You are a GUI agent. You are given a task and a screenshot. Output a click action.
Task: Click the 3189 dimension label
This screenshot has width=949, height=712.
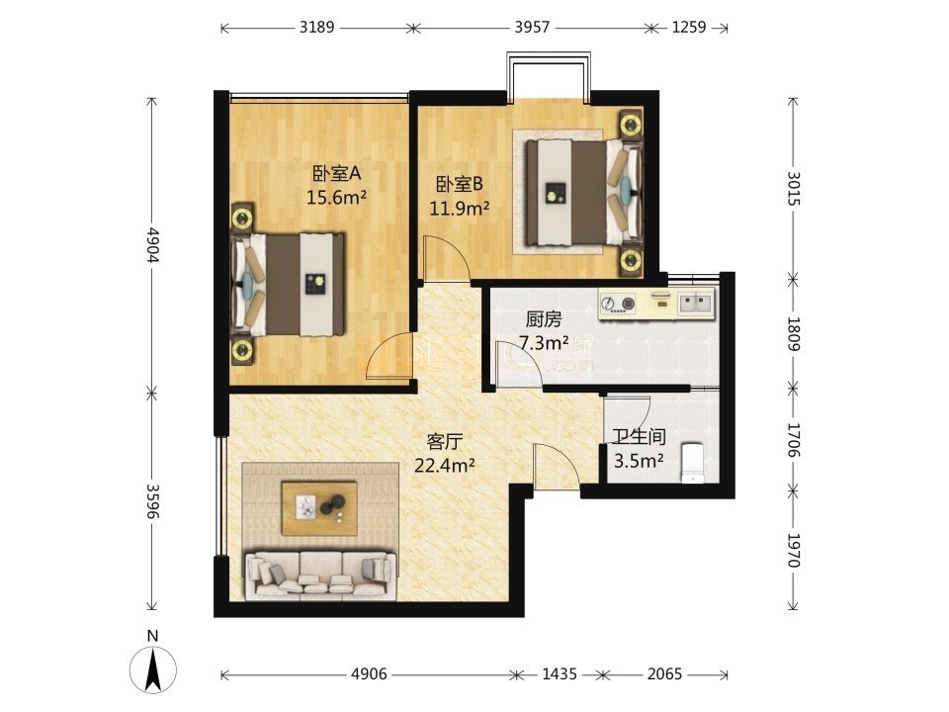click(x=316, y=28)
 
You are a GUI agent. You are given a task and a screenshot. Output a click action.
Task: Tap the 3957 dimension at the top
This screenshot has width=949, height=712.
click(x=532, y=28)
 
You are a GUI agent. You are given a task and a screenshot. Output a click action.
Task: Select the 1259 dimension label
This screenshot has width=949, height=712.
click(x=689, y=28)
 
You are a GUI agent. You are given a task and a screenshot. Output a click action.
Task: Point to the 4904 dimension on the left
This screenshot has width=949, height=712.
click(x=152, y=245)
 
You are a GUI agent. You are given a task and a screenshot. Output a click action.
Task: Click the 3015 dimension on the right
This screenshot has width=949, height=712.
click(x=794, y=188)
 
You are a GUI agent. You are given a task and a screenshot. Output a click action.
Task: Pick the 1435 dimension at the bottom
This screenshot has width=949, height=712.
click(x=559, y=673)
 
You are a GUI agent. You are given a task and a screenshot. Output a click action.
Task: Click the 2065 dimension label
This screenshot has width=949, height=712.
click(x=664, y=673)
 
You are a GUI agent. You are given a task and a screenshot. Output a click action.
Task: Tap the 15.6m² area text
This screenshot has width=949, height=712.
click(x=336, y=197)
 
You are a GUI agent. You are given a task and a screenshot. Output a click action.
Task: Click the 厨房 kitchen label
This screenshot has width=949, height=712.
click(x=544, y=319)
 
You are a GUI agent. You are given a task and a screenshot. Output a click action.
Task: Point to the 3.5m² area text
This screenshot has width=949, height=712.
click(x=640, y=461)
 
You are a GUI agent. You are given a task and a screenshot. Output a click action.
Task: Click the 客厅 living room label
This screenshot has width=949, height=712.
click(x=444, y=441)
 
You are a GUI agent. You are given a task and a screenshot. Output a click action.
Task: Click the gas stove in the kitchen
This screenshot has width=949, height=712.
click(x=618, y=303)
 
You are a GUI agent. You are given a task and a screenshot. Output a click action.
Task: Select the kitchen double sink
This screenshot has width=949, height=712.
click(x=695, y=302)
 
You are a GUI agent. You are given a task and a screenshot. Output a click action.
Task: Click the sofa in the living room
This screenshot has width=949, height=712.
click(x=319, y=574)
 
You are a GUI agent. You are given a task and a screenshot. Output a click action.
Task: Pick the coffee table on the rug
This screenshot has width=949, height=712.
click(x=319, y=508)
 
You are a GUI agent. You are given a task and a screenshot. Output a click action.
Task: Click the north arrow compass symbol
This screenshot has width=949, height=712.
click(x=153, y=670)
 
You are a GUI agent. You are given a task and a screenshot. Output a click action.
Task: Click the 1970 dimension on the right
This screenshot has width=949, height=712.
click(x=794, y=550)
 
